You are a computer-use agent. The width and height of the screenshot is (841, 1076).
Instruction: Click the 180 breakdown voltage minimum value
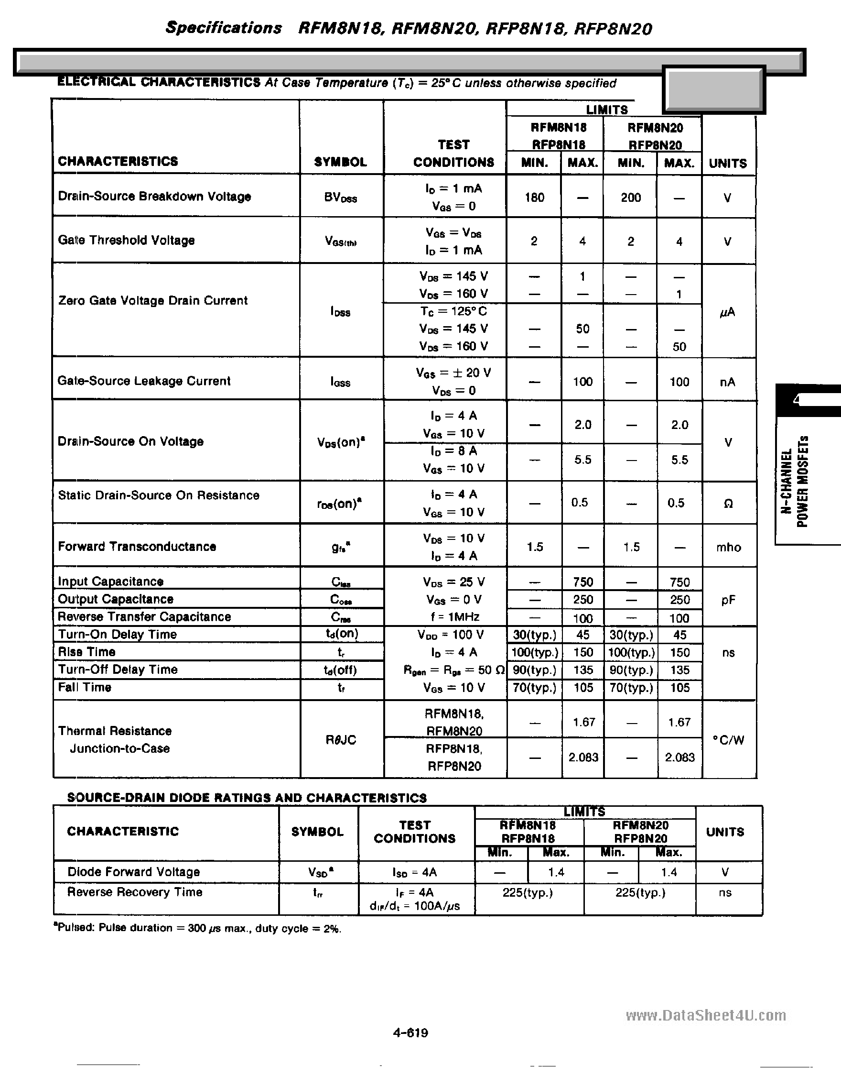[534, 198]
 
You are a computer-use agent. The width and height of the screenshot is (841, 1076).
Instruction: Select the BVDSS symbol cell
[340, 198]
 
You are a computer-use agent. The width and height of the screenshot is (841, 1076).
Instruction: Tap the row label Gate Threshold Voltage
[126, 241]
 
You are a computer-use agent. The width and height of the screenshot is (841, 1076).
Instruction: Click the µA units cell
[727, 312]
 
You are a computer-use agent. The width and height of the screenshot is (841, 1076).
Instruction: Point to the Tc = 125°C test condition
[453, 311]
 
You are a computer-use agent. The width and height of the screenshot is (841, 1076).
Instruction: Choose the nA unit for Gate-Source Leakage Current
[727, 382]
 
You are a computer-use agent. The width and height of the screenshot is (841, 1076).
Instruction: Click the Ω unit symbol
[728, 504]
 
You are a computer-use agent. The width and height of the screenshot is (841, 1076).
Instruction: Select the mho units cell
[728, 548]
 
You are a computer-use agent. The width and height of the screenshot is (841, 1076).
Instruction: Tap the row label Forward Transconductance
[137, 547]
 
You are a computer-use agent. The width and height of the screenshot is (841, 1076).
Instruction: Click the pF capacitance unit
[728, 600]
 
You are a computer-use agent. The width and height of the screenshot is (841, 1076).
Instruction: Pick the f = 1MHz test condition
[453, 617]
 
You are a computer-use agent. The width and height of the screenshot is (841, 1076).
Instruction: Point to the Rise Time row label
[86, 652]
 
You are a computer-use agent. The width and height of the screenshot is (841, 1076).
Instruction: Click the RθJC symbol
[341, 739]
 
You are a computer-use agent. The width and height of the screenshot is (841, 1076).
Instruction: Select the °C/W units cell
[728, 739]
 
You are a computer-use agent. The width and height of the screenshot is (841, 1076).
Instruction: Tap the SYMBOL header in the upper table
[340, 162]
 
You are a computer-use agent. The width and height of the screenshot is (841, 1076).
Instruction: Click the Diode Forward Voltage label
[133, 871]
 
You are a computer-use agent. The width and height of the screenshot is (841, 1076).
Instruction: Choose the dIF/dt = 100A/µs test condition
[415, 906]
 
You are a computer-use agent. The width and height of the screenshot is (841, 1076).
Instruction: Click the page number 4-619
[410, 1032]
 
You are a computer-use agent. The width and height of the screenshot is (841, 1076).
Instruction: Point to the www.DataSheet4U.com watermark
[706, 1016]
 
